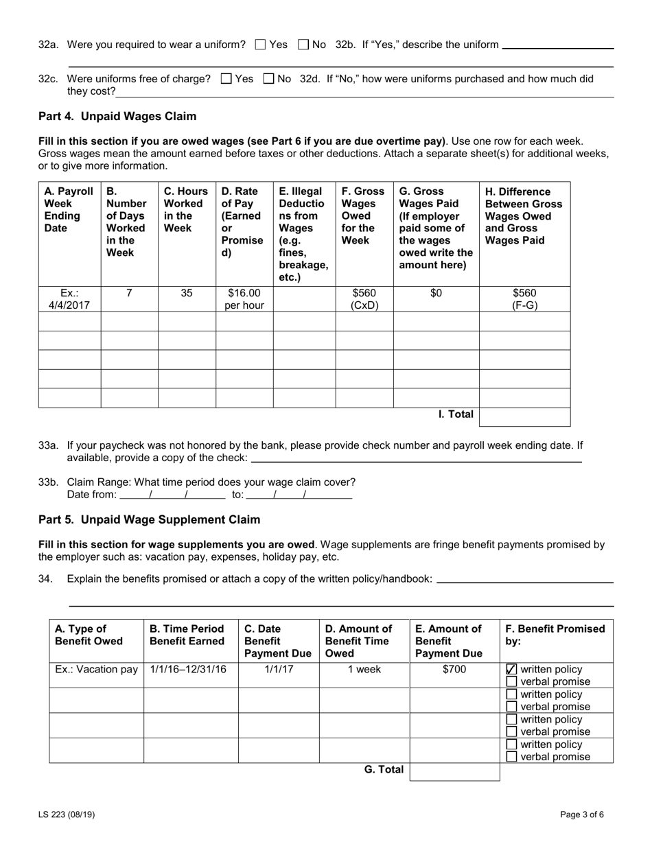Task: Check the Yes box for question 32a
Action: pyautogui.click(x=260, y=45)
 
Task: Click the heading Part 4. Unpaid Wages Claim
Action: pyautogui.click(x=117, y=117)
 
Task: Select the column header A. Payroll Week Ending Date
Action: pyautogui.click(x=62, y=210)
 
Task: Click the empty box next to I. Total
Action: pyautogui.click(x=524, y=417)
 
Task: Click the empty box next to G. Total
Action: pyautogui.click(x=454, y=771)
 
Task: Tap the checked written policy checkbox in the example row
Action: pyautogui.click(x=511, y=670)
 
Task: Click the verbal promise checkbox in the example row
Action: pyautogui.click(x=511, y=682)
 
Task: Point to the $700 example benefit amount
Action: pyautogui.click(x=454, y=670)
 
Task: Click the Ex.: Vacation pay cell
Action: pyautogui.click(x=96, y=670)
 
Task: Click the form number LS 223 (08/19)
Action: pyautogui.click(x=67, y=815)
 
